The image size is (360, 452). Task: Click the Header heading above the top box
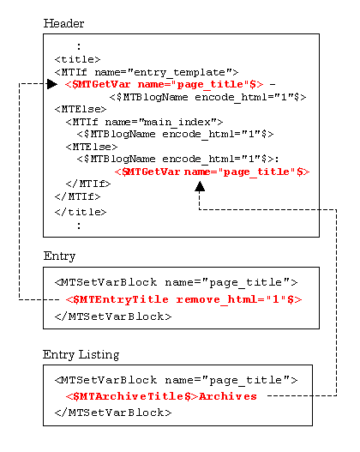tap(63, 23)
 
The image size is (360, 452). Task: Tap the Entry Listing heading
tap(81, 354)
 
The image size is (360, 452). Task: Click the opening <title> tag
tap(77, 59)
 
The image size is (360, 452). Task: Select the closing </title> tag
tap(81, 212)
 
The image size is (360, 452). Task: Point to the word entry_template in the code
tap(180, 72)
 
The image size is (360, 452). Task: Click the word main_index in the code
tap(177, 123)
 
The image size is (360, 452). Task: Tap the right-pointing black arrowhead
tap(52, 84)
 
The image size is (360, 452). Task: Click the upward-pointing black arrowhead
tap(200, 186)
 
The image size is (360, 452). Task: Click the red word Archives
tap(227, 396)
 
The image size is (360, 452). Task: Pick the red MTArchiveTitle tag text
tap(132, 396)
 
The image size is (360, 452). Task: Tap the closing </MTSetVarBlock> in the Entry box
tap(113, 316)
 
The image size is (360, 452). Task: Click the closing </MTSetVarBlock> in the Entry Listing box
tap(113, 413)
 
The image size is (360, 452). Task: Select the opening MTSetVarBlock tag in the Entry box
tap(176, 282)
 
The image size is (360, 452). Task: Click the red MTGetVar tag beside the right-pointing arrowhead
tap(165, 84)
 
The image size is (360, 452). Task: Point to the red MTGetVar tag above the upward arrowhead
tap(212, 172)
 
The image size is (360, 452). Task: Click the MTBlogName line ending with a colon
tap(177, 159)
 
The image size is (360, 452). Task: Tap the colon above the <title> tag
tap(79, 46)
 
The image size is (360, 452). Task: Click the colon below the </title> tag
tap(79, 226)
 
